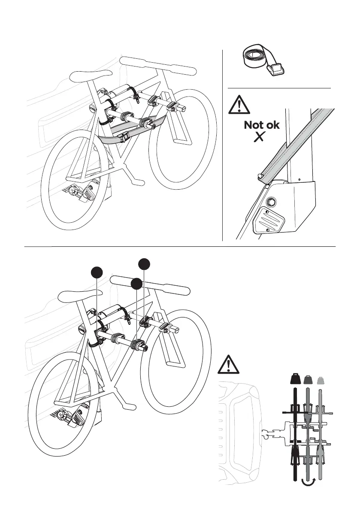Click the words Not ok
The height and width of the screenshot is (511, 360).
(x=261, y=125)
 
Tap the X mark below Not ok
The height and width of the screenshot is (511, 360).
(x=258, y=137)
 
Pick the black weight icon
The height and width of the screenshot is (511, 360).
(x=295, y=378)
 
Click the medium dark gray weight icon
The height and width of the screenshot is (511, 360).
(x=308, y=379)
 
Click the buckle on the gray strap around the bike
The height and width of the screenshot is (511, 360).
(x=126, y=137)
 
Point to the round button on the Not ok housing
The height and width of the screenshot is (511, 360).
(x=272, y=202)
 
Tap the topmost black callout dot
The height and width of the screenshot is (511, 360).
(x=144, y=263)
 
